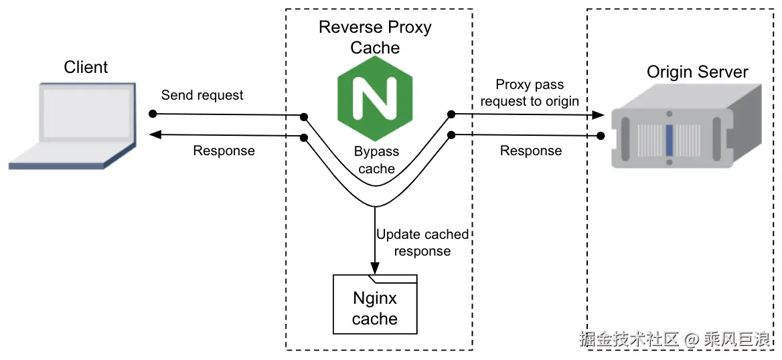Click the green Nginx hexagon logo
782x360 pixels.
(374, 98)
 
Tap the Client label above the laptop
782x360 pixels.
(86, 67)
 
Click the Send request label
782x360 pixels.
(202, 95)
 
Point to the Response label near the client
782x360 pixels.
(224, 151)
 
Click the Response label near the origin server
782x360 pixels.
(531, 151)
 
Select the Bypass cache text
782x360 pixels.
(376, 161)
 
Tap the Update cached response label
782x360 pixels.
(422, 243)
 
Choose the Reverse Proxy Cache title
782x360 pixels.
(375, 37)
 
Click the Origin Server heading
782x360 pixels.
(697, 72)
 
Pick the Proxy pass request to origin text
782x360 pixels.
(530, 93)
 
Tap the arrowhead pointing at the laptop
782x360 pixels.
(155, 135)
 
